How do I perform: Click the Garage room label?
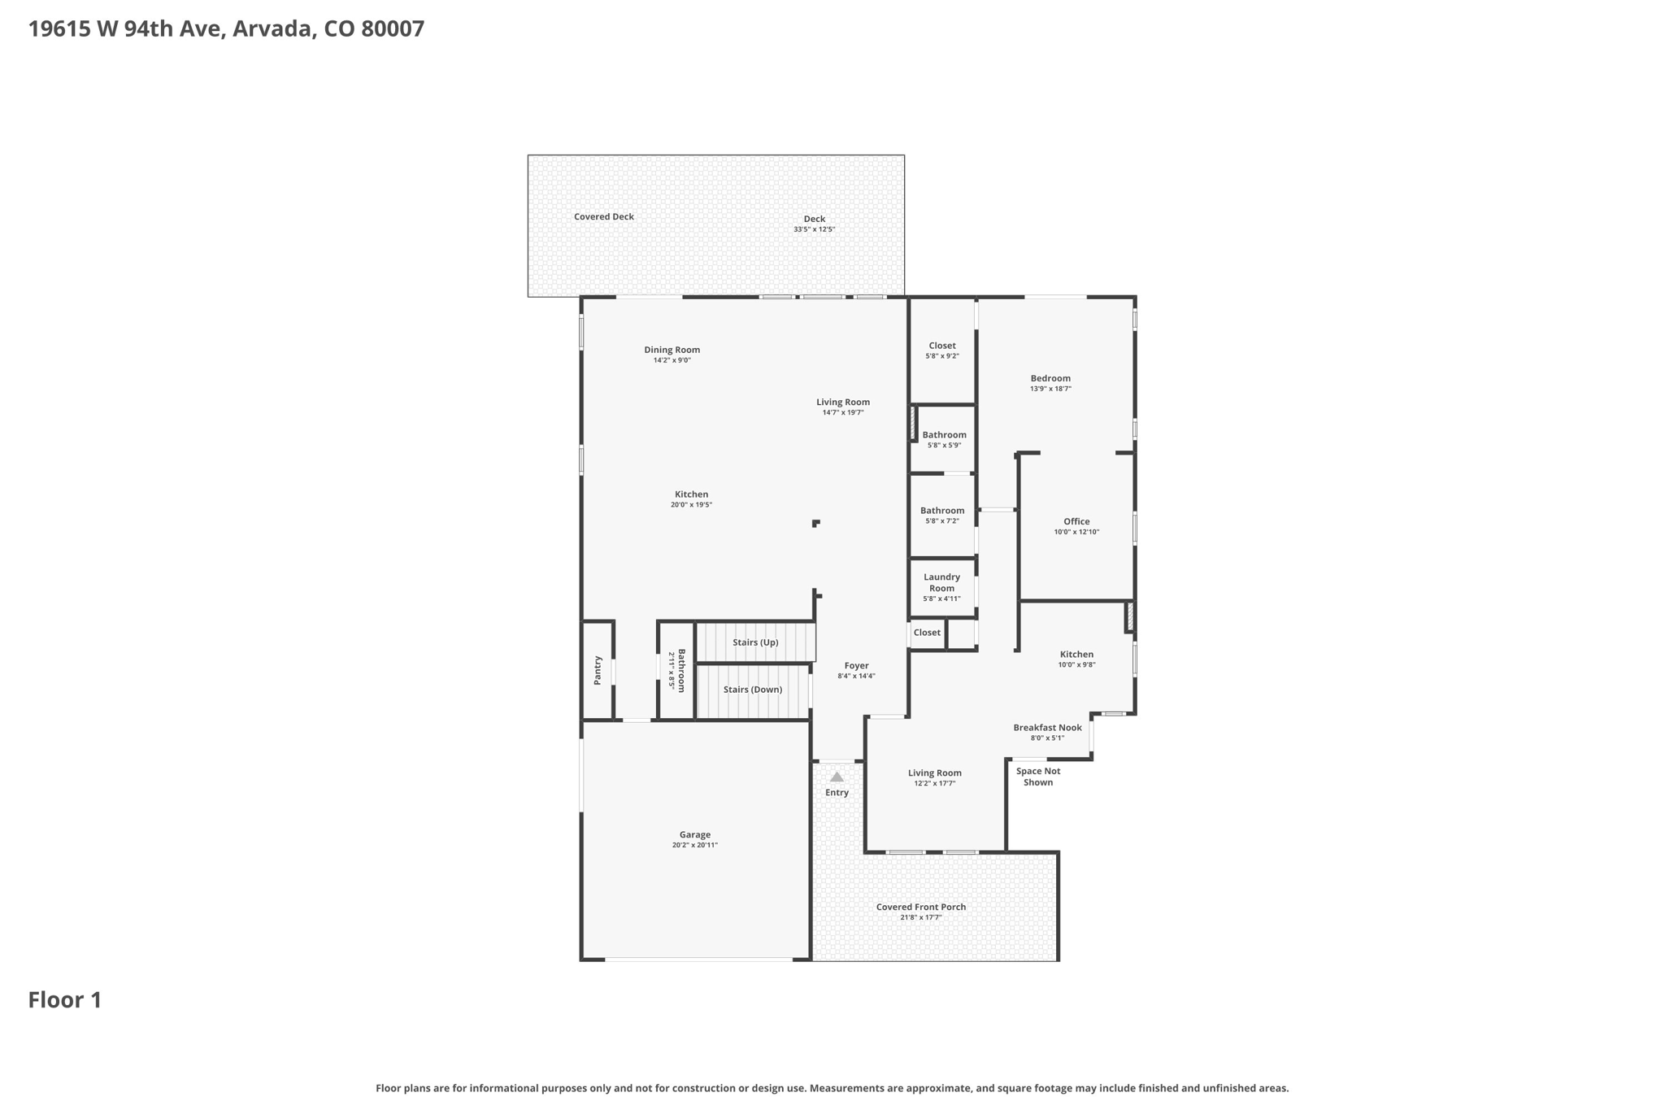[x=695, y=834]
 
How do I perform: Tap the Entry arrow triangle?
[x=837, y=777]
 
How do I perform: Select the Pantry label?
[x=598, y=670]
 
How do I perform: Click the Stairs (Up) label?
[x=755, y=642]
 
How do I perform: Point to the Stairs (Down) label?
[x=753, y=690]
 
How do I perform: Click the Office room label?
[x=1076, y=521]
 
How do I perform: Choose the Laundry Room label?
[x=941, y=582]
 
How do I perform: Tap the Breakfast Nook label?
[x=1047, y=728]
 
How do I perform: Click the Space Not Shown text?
[x=1038, y=777]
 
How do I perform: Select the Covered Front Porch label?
[x=921, y=907]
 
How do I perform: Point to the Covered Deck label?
[x=604, y=216]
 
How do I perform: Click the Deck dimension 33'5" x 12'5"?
[x=815, y=229]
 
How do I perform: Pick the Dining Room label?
[x=672, y=350]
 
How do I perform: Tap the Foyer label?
[x=857, y=665]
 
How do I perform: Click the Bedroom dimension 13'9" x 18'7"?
[x=1050, y=389]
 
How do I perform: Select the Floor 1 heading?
[x=65, y=999]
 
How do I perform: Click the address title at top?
[x=226, y=28]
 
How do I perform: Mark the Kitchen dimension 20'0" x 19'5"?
[x=692, y=505]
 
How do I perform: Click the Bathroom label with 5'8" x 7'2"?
[x=942, y=511]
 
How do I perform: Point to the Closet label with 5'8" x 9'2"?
[x=942, y=346]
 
